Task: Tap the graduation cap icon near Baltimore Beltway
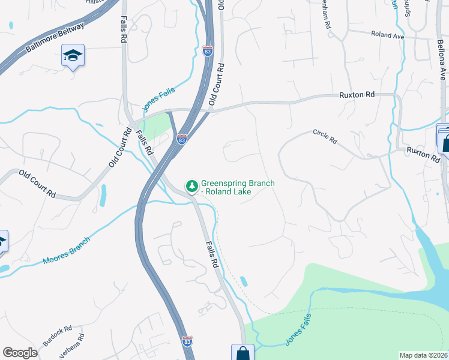coord(73,56)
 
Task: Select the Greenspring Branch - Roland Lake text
coord(225,188)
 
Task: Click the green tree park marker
coord(192,186)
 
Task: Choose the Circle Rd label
coord(325,136)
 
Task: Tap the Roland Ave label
coord(387,35)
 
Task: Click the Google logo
coord(20,353)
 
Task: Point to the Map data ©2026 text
coord(423,355)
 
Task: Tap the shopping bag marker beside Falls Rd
coord(243,353)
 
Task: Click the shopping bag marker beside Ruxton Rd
coord(447,143)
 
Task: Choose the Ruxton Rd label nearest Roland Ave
coord(357,95)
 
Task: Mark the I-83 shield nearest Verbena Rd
coord(187,340)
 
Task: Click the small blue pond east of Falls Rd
coord(243,281)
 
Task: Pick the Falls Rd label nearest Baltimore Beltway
coord(124,28)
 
